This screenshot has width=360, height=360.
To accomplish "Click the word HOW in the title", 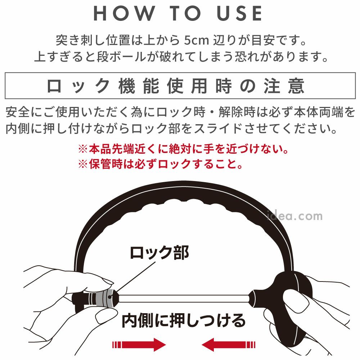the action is (124, 13).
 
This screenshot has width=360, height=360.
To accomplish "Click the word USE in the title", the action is (239, 13).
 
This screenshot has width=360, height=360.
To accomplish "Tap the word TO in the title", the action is (185, 13).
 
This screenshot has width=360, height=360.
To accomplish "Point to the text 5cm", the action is (197, 40).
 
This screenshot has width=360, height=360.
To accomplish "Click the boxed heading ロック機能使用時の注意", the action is (176, 86).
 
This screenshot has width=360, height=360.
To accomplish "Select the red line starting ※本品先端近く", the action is (183, 149).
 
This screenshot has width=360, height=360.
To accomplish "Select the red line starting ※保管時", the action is (160, 164).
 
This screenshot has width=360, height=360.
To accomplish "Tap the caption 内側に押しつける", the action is (184, 321).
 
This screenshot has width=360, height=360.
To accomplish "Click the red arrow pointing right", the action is (139, 345).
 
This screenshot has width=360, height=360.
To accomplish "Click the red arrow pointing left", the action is (229, 345).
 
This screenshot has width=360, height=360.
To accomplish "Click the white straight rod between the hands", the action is (184, 298).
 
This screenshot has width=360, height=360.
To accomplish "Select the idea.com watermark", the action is (295, 216).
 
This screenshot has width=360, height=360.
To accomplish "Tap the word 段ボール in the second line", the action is (122, 57).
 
